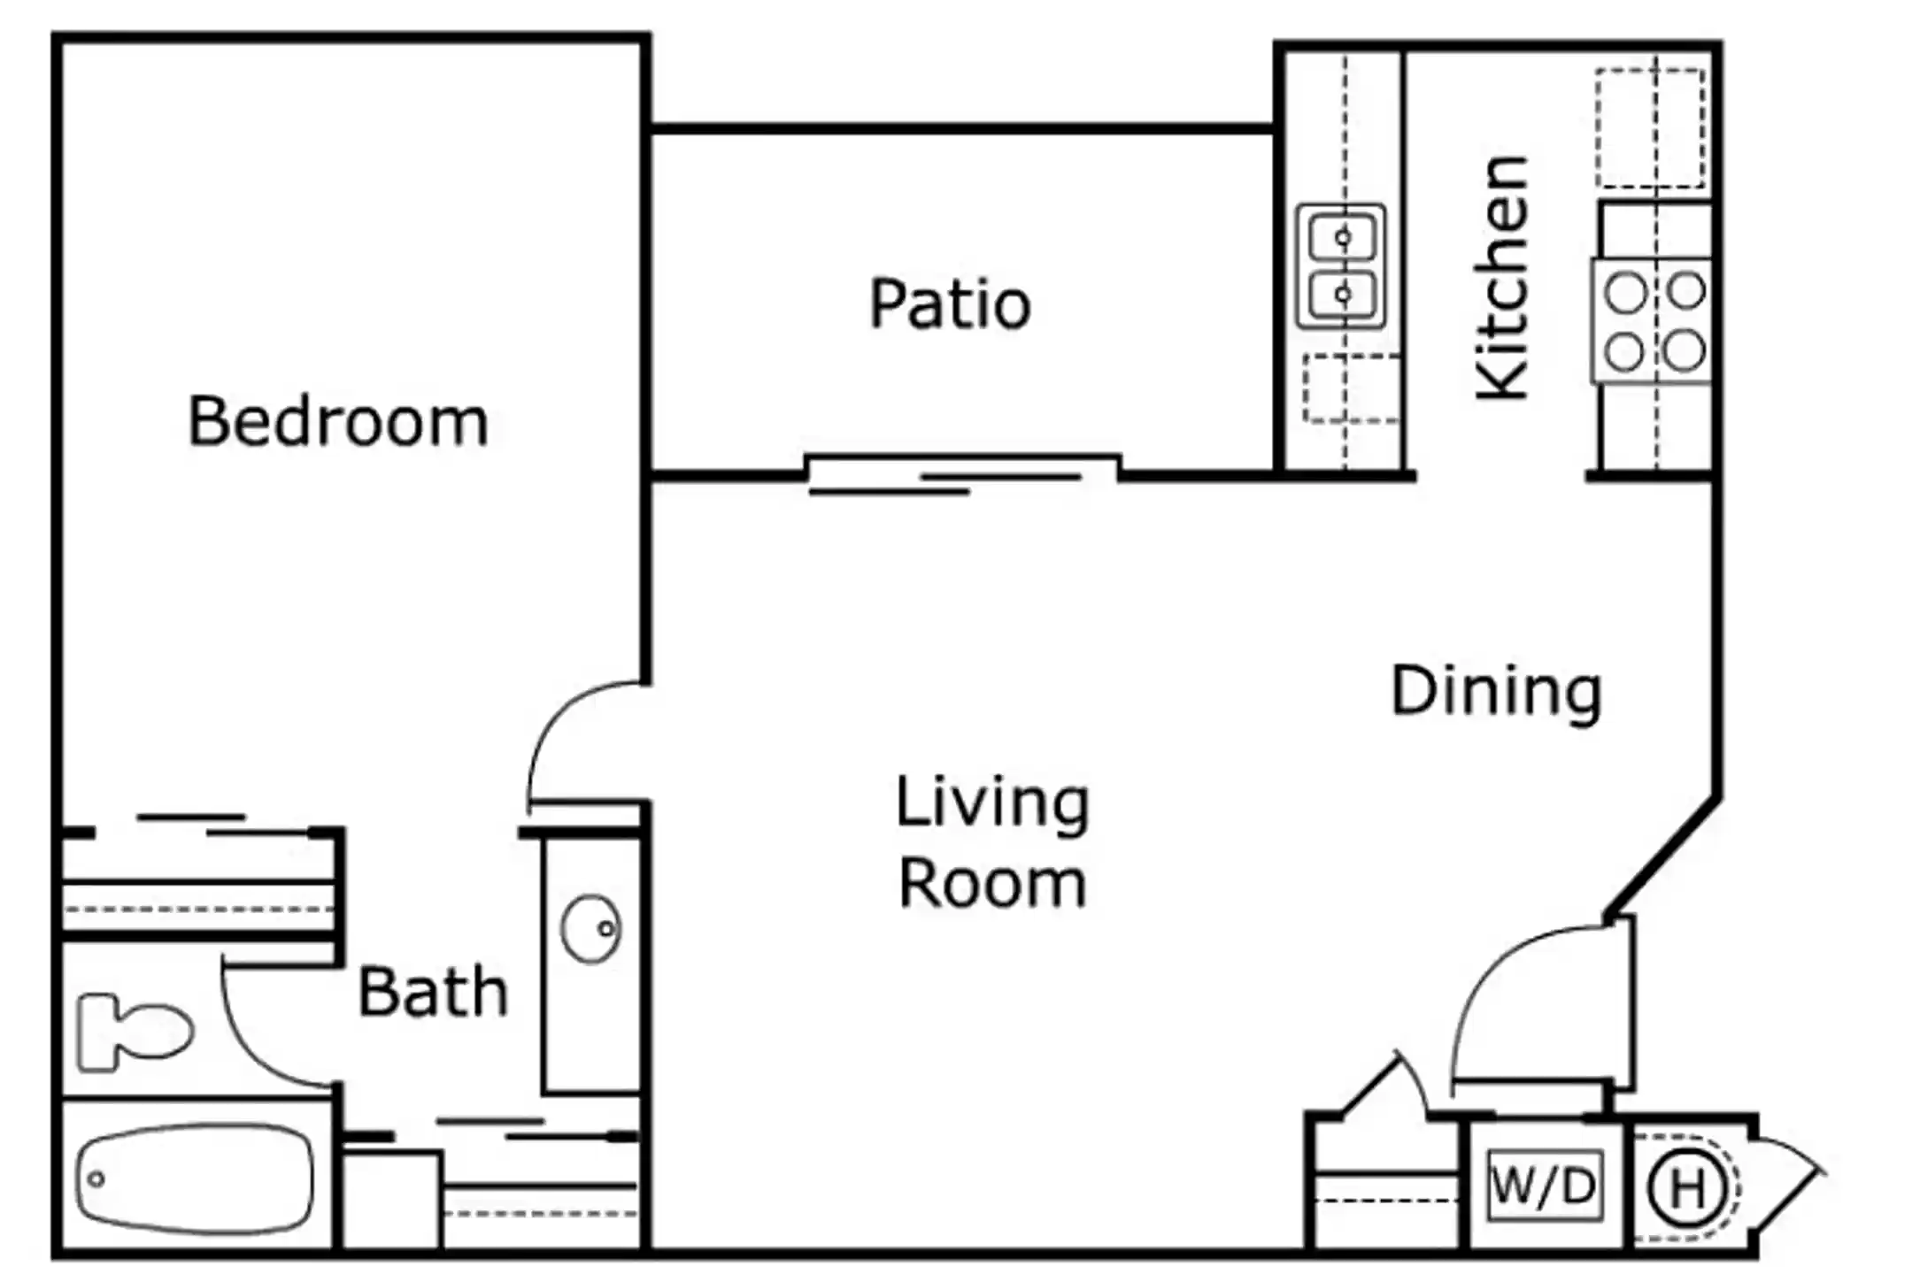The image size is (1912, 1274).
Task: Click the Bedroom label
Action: pyautogui.click(x=338, y=422)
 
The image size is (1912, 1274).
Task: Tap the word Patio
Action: pyautogui.click(x=950, y=304)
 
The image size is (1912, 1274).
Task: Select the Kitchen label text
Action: pyautogui.click(x=1502, y=278)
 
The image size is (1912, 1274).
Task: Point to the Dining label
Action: pyautogui.click(x=1496, y=691)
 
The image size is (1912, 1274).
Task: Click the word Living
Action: pyautogui.click(x=991, y=803)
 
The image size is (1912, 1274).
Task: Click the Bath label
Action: pyautogui.click(x=433, y=992)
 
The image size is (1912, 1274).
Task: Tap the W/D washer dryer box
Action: pyautogui.click(x=1545, y=1185)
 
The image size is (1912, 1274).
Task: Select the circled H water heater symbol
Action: pyautogui.click(x=1686, y=1188)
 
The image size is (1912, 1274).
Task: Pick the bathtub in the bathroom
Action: pyautogui.click(x=195, y=1178)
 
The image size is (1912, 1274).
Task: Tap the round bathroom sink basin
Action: pyautogui.click(x=590, y=928)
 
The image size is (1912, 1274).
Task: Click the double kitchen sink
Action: pyautogui.click(x=1341, y=265)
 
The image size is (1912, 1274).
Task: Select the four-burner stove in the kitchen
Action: pyautogui.click(x=1653, y=320)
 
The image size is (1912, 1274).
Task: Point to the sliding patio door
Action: pyautogui.click(x=963, y=474)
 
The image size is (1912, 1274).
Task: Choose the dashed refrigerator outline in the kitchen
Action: pyautogui.click(x=1651, y=128)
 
